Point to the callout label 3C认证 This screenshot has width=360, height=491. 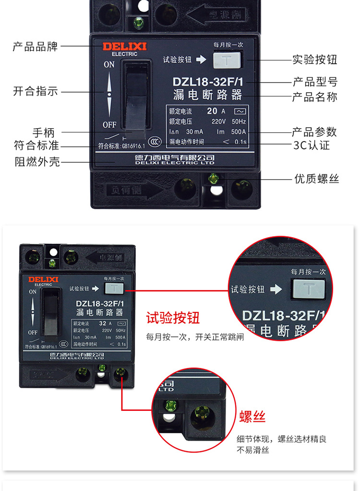click(312, 145)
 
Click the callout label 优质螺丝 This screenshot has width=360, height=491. click(316, 179)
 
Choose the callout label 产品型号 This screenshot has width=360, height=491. click(315, 81)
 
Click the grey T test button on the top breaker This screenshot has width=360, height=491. click(225, 60)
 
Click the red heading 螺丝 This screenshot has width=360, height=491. click(252, 416)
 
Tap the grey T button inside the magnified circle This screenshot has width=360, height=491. click(307, 289)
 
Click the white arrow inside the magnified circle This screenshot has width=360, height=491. click(276, 289)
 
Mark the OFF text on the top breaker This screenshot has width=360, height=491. click(109, 125)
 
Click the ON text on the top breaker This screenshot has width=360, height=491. click(109, 64)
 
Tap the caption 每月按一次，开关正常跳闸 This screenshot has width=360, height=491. click(195, 337)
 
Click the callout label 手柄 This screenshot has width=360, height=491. click(44, 132)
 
